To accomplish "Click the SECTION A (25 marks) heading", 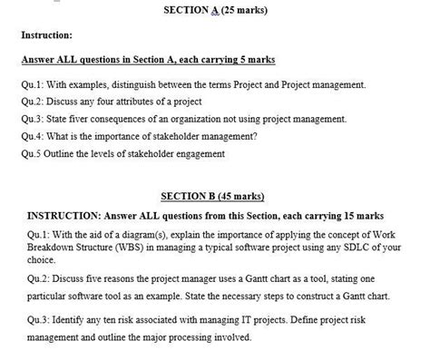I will tap(215, 11).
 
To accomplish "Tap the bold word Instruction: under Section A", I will tap(46, 35).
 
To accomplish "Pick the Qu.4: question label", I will tap(34, 136).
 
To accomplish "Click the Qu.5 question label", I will tap(33, 153).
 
